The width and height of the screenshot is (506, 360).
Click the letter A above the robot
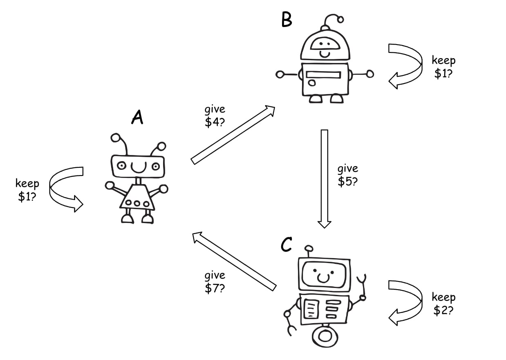pos(137,117)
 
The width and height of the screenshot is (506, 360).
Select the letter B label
pos(287,19)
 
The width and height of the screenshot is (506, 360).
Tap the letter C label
pos(287,245)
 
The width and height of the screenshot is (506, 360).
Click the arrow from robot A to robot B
pos(232,135)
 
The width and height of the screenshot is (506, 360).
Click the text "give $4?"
pos(215,117)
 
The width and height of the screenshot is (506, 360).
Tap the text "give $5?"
pos(348,175)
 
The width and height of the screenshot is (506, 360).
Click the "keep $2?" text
pos(443,304)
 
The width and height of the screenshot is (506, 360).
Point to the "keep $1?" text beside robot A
pos(27,190)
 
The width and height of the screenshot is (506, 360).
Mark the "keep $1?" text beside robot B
pos(443,67)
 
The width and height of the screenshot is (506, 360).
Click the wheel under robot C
pos(325,336)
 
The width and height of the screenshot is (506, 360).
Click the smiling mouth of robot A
pos(138,167)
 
